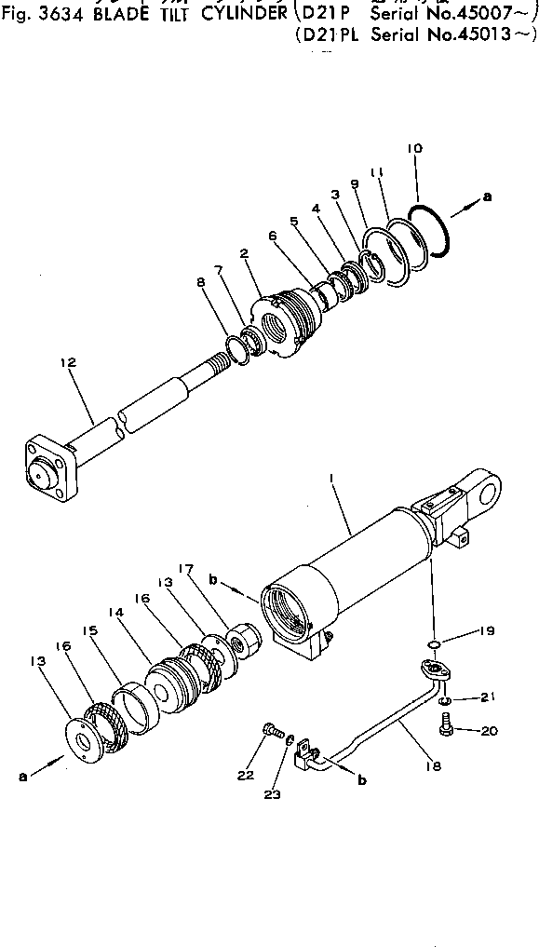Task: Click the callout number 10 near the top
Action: pos(415,149)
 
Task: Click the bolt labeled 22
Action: pos(271,732)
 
